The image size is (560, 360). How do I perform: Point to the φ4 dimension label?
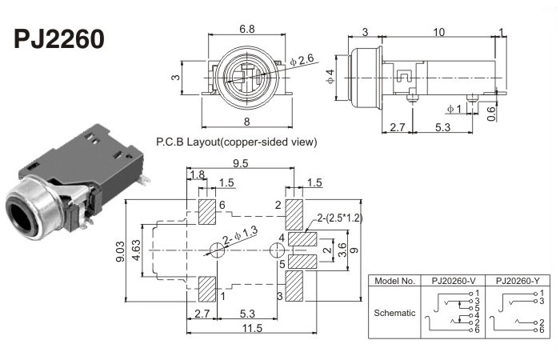[329, 77]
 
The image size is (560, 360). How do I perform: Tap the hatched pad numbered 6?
[208, 212]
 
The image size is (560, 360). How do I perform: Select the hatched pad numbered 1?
[208, 288]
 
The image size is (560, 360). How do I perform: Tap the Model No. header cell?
[394, 282]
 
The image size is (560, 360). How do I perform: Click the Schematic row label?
[394, 313]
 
